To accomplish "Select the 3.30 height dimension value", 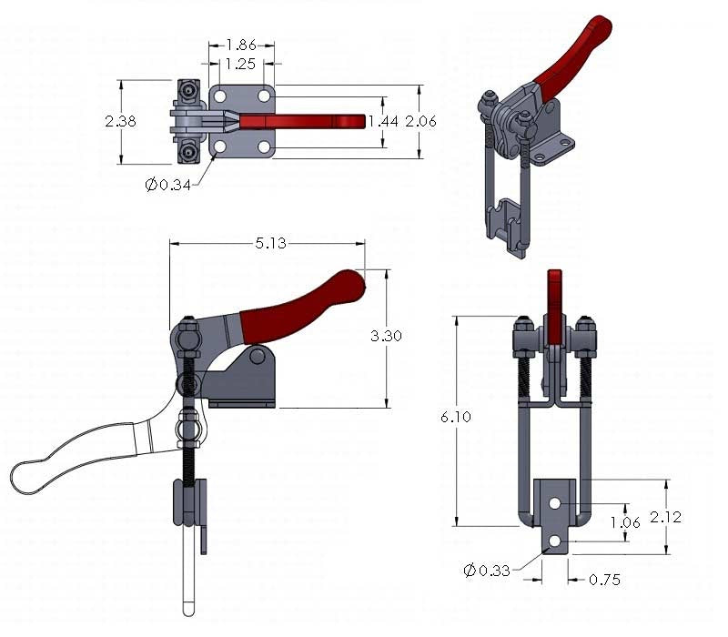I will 386,336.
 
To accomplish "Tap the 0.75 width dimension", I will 604,579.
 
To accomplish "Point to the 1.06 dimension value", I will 624,521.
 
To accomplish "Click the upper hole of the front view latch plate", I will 554,502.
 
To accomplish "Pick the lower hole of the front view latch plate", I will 554,542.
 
